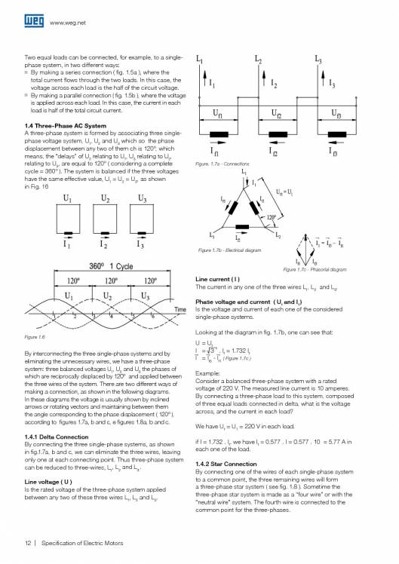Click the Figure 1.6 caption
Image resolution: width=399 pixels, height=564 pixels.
click(37, 336)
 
